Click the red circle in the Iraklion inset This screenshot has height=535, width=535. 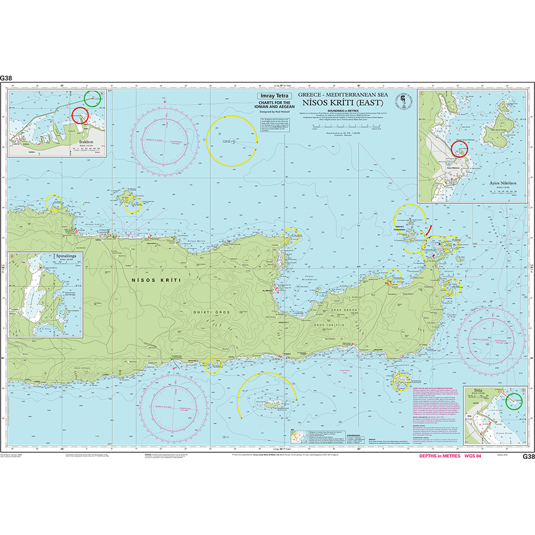click(80, 116)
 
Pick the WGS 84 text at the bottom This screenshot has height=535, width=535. click(472, 456)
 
